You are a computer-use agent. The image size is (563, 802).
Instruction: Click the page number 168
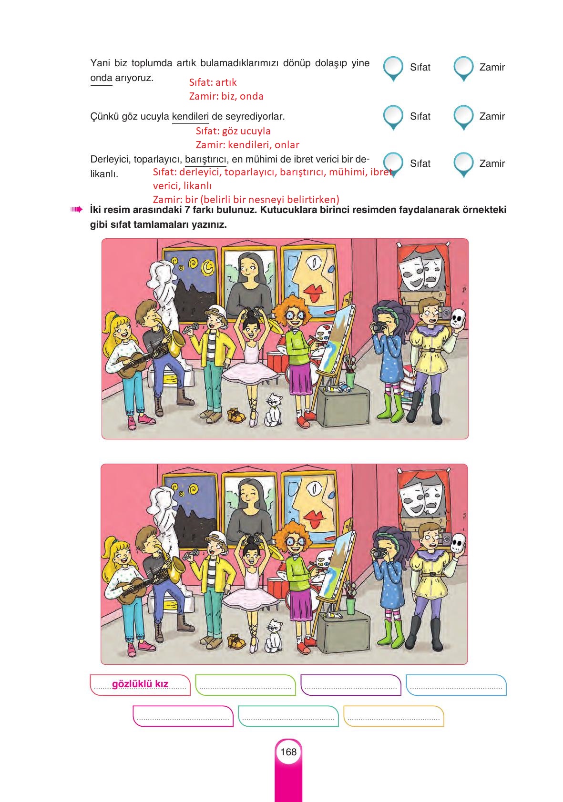[288, 751]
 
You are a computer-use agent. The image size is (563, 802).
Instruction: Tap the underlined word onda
[101, 78]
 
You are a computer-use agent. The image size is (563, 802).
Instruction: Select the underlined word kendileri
[190, 116]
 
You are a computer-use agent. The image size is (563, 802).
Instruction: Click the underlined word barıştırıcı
[205, 159]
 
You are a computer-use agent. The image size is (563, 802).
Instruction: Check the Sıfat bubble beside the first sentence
[393, 68]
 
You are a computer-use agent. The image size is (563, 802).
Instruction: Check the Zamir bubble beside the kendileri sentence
[463, 117]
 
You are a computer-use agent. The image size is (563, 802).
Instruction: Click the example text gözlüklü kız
[140, 684]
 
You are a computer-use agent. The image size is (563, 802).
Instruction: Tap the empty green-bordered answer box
[246, 685]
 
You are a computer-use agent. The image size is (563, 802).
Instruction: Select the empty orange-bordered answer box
[394, 716]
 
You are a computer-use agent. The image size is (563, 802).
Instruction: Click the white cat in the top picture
[273, 410]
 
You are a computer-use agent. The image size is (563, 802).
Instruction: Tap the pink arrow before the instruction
[76, 210]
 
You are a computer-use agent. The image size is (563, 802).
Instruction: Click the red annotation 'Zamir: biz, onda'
[226, 96]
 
